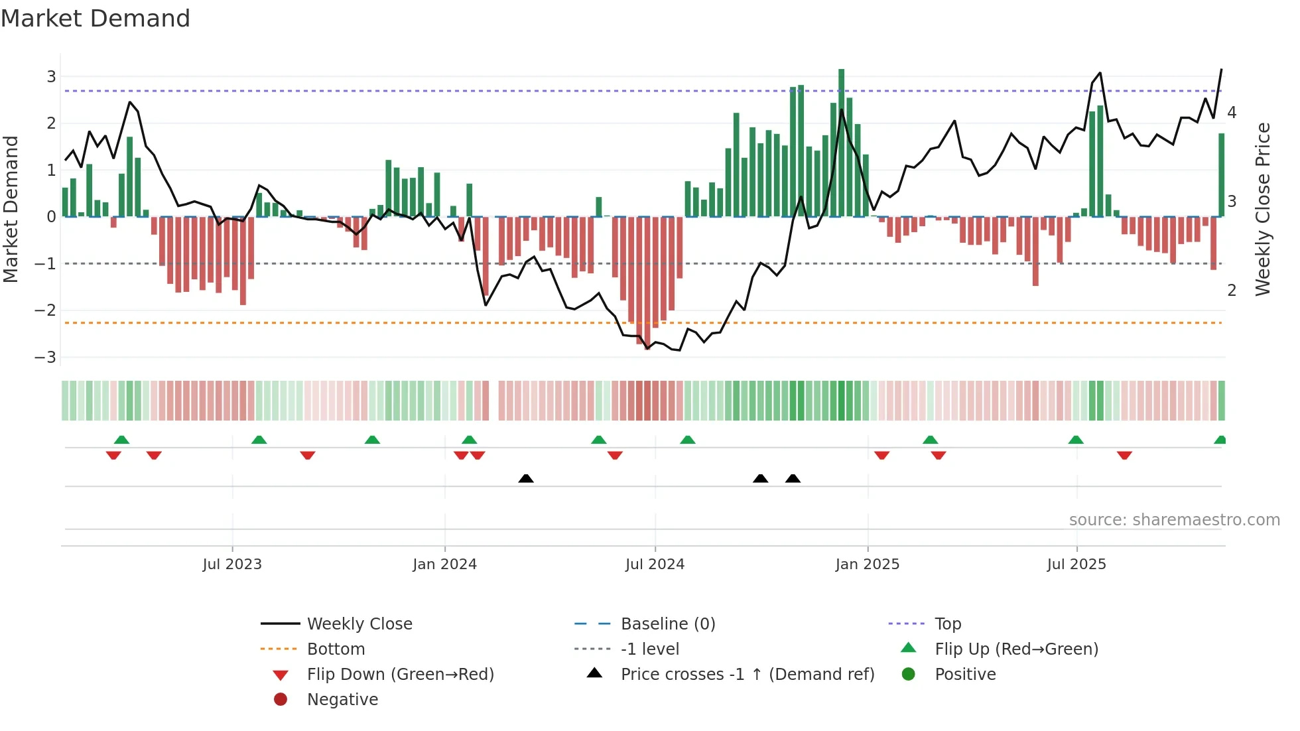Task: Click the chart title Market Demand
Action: point(96,19)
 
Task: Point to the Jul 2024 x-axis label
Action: point(655,565)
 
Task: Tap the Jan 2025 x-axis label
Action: point(867,565)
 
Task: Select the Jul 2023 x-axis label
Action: point(232,565)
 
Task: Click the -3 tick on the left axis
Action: point(46,358)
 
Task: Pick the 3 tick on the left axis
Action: point(51,77)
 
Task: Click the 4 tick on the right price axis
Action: point(1232,113)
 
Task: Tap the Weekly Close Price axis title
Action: point(1263,209)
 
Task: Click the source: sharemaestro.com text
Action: point(1174,520)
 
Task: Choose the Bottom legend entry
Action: point(336,649)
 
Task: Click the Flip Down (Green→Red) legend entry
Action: point(400,675)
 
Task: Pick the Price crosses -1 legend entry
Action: point(747,675)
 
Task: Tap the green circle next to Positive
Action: point(909,675)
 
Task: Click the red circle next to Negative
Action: point(281,700)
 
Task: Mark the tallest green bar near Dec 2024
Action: point(841,143)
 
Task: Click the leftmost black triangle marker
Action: point(526,478)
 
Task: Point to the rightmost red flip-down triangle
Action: point(1124,455)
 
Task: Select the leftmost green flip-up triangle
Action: point(121,440)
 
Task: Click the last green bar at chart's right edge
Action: point(1221,175)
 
